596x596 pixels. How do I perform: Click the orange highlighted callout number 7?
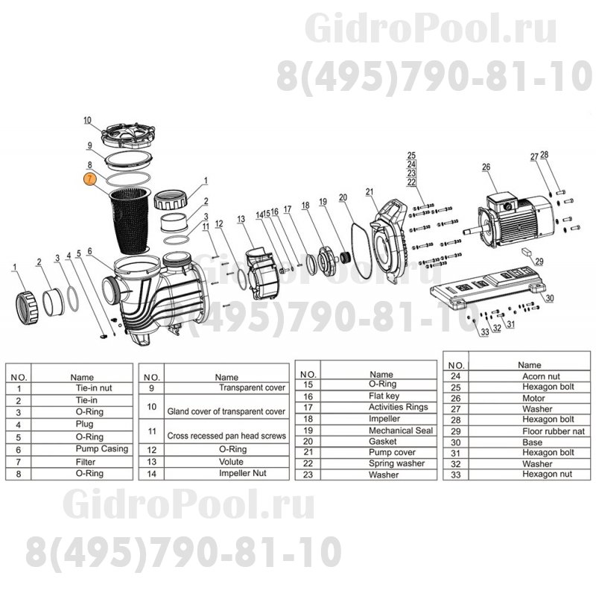(x=89, y=179)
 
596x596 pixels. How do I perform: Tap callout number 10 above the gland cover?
(x=87, y=121)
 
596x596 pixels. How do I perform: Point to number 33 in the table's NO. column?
(x=457, y=474)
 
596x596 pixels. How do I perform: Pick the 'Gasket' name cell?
(x=381, y=441)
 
